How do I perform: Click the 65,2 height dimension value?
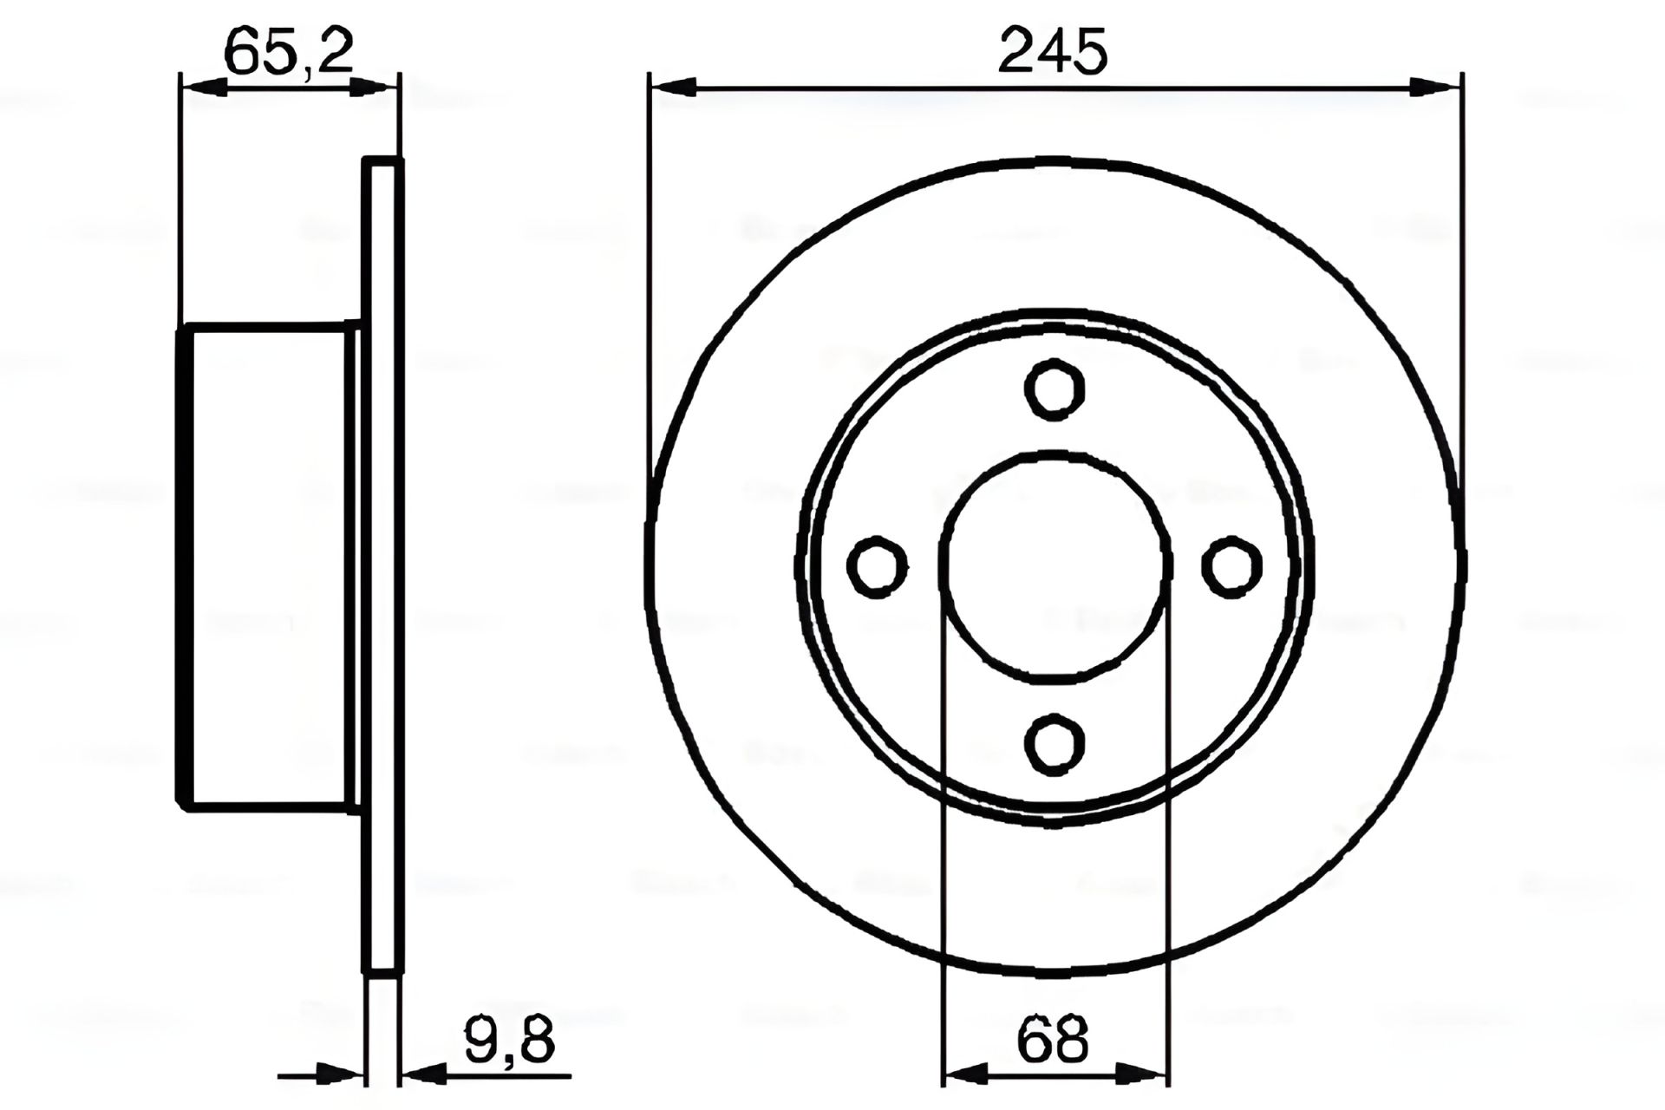[289, 52]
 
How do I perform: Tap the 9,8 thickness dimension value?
[509, 1041]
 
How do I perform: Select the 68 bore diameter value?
[1054, 1041]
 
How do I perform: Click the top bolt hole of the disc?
[1054, 389]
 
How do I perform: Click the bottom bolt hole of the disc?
[1054, 742]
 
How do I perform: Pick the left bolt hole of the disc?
[878, 566]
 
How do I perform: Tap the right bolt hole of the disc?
[1231, 565]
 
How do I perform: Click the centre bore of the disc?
[1054, 565]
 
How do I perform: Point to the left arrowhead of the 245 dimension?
[673, 87]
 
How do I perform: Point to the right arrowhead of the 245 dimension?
[1436, 87]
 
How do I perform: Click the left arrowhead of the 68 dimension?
[964, 1075]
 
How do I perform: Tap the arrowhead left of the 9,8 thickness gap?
[340, 1075]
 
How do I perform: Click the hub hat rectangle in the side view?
[269, 566]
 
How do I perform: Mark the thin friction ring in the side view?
[382, 566]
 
